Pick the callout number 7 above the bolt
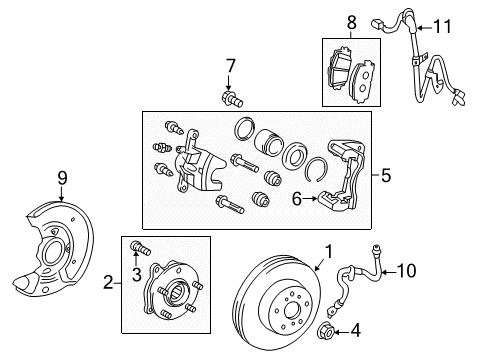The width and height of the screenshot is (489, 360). pos(230,67)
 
